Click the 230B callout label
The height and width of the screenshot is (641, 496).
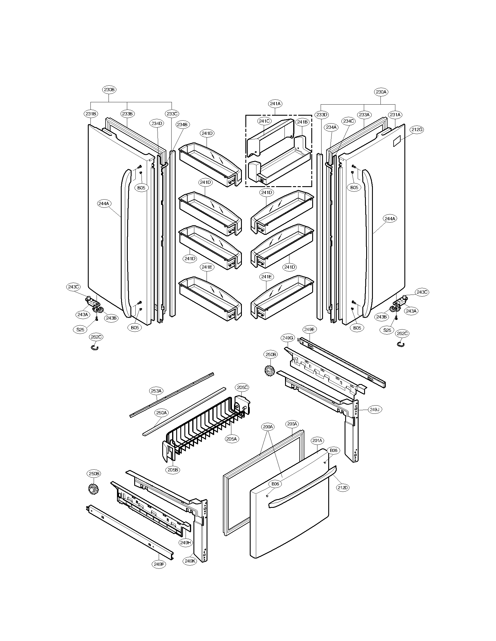point(109,89)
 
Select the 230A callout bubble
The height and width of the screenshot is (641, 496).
point(381,92)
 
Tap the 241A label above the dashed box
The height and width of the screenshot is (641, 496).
point(275,104)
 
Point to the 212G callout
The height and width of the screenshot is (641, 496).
point(417,129)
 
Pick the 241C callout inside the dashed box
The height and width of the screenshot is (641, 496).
point(264,121)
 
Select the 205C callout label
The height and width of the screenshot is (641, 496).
point(242,388)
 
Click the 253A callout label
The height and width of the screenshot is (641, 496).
point(156,391)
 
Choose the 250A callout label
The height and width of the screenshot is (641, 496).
point(161,413)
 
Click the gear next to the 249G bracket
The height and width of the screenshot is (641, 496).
point(269,371)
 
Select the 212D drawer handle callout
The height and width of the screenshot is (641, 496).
point(343,487)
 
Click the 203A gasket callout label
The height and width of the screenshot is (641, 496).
point(292,424)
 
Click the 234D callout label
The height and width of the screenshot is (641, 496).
point(157,124)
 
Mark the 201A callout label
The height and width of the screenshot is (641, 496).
point(317,441)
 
